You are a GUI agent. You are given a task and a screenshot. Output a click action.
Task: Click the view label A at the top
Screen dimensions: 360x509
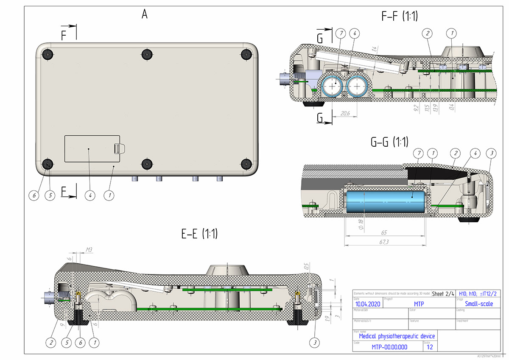click(x=145, y=14)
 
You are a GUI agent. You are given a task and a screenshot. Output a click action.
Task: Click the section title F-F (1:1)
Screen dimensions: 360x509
click(x=400, y=17)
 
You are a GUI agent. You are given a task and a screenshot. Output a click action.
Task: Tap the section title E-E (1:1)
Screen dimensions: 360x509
click(x=199, y=234)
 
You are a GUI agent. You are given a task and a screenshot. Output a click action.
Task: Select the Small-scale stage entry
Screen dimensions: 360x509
click(x=479, y=304)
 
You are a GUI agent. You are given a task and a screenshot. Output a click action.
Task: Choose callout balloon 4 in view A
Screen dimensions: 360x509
click(x=89, y=195)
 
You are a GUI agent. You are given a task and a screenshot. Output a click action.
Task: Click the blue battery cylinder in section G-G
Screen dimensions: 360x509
click(x=386, y=201)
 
